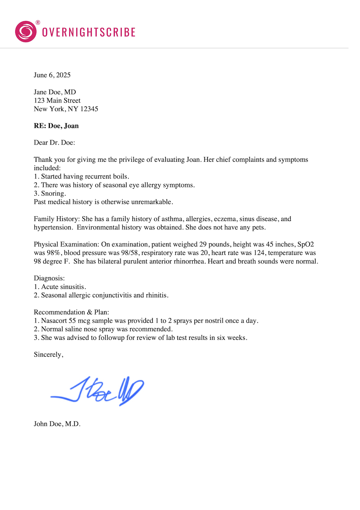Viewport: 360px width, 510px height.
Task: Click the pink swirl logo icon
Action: (26, 32)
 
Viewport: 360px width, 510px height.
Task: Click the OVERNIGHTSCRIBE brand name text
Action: (89, 32)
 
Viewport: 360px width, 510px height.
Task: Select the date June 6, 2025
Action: (52, 75)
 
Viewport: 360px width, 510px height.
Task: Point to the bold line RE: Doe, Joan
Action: (56, 126)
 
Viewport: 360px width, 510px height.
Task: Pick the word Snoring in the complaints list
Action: (53, 193)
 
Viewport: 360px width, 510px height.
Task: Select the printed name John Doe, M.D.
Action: (57, 424)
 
